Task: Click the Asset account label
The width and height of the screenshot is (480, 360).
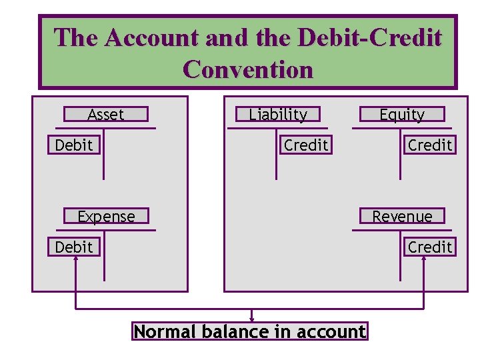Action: [x=106, y=115]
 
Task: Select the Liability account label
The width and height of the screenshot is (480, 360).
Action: [x=278, y=115]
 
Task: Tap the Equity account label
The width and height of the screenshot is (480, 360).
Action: [x=401, y=115]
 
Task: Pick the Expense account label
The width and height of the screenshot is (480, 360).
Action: [x=106, y=217]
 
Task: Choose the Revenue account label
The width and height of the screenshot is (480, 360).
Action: [x=401, y=217]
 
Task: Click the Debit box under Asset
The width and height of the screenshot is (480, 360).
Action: [x=74, y=145]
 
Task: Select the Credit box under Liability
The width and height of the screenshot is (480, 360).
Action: [x=306, y=145]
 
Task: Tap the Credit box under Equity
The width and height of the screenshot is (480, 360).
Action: [x=430, y=145]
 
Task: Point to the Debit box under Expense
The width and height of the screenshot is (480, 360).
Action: [x=74, y=247]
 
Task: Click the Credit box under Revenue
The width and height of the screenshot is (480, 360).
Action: [x=430, y=247]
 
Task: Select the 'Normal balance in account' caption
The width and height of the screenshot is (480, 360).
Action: [x=250, y=331]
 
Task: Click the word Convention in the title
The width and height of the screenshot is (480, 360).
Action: [x=248, y=69]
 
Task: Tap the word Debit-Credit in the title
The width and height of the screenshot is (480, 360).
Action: [x=369, y=37]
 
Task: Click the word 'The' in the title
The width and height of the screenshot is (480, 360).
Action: [x=76, y=37]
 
